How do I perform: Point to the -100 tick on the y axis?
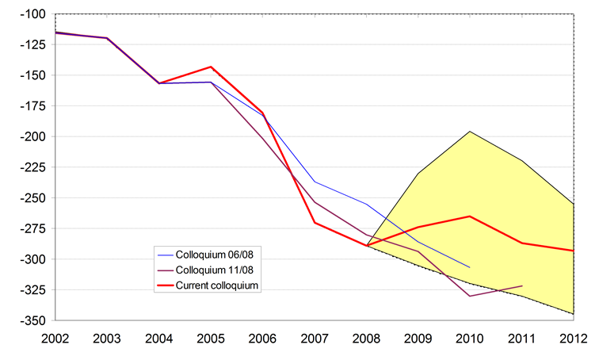[34, 14]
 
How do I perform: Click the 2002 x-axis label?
[55, 339]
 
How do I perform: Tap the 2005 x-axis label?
[211, 339]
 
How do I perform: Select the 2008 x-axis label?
[367, 339]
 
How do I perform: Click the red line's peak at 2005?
[211, 67]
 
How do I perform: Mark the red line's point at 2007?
[315, 222]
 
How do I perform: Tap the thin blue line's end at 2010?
[470, 267]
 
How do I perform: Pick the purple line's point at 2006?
[263, 138]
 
